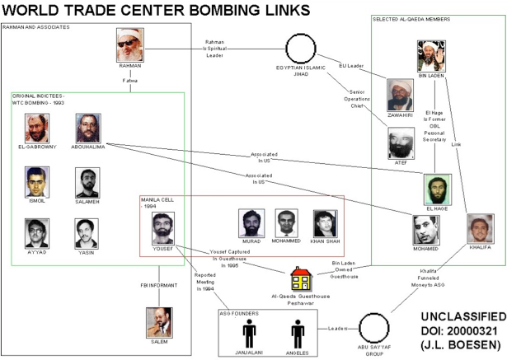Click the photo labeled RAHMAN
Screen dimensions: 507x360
(130, 45)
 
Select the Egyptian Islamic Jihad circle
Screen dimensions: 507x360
(301, 35)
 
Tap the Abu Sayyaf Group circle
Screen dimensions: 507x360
(374, 314)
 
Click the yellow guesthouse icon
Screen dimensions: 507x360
(301, 278)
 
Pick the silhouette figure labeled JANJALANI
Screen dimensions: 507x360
(249, 334)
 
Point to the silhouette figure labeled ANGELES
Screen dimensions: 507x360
(298, 334)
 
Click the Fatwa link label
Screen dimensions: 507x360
(130, 81)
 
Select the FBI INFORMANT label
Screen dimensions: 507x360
(159, 285)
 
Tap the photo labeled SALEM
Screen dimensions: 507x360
(159, 322)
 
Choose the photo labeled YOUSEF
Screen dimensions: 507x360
(163, 228)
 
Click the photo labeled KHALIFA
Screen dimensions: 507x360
(480, 228)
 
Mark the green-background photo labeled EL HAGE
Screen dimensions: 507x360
(437, 189)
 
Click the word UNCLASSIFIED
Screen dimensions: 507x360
(463, 316)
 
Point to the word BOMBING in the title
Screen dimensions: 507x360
(223, 10)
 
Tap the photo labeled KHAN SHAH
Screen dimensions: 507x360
(326, 223)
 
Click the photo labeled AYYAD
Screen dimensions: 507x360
(37, 233)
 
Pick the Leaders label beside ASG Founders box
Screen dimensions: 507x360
(337, 329)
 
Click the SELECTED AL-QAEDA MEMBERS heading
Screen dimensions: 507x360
(411, 20)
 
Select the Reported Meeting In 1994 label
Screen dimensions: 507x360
(205, 282)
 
